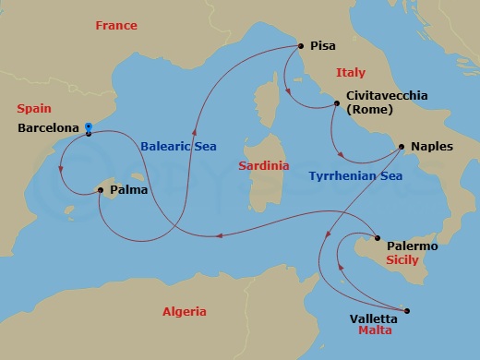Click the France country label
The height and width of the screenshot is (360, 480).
(x=115, y=25)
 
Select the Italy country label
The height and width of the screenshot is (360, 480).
(x=350, y=72)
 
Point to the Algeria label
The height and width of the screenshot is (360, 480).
(x=184, y=311)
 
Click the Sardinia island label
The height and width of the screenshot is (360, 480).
(x=263, y=166)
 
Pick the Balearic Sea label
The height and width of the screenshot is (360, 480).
(x=178, y=145)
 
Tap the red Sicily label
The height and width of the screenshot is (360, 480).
(x=402, y=261)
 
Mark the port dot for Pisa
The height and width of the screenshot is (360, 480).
(x=301, y=45)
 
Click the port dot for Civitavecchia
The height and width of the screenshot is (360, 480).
(x=336, y=104)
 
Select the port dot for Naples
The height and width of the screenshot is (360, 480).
(x=401, y=146)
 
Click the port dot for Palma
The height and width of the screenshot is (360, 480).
(x=101, y=190)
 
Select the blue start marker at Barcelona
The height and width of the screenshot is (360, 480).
(x=88, y=128)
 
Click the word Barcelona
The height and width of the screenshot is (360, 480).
(x=48, y=130)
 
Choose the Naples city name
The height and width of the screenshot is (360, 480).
(x=432, y=146)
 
